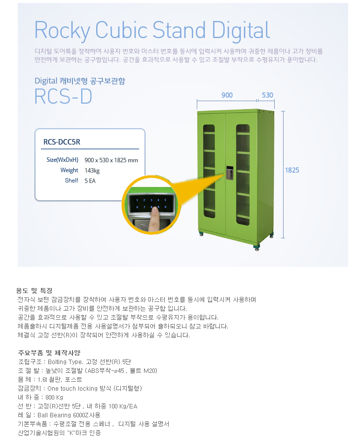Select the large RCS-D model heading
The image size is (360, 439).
click(63, 97)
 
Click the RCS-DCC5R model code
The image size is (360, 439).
click(62, 142)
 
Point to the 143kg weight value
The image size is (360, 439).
click(92, 170)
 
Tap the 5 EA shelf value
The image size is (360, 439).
click(91, 181)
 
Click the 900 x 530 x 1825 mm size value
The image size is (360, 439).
click(111, 160)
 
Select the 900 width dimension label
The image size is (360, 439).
click(227, 95)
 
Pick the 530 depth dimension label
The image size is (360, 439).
click(267, 95)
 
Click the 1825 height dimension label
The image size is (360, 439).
click(292, 170)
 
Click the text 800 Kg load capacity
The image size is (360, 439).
click(54, 397)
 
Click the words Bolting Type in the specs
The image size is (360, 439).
click(65, 362)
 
